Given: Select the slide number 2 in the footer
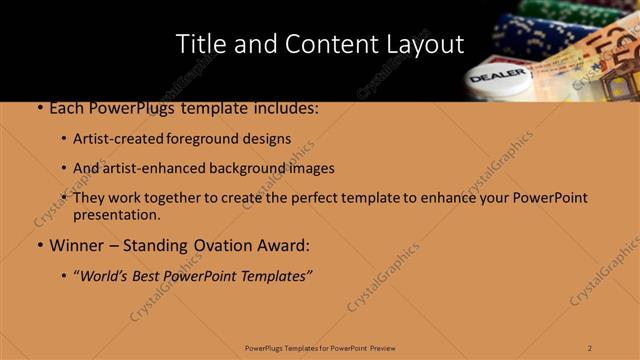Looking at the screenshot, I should (x=590, y=347).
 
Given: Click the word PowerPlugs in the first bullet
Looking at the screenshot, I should (x=128, y=108).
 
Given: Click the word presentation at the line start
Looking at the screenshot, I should (x=116, y=214).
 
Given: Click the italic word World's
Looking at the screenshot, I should (x=107, y=276).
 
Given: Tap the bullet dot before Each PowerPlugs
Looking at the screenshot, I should (x=39, y=108).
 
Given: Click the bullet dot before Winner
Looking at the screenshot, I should (x=39, y=246).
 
